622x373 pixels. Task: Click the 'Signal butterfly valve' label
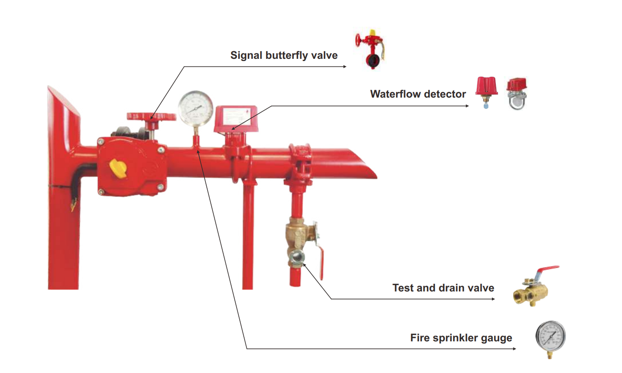coord(284,55)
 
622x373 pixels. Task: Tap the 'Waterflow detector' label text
coord(418,94)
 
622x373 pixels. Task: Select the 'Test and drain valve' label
coord(443,288)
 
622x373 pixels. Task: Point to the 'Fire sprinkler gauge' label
coord(461,338)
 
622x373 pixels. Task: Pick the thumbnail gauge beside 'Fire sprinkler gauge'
coord(550,338)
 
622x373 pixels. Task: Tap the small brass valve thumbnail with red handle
coord(535,287)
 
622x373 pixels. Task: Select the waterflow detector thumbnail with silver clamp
coord(516,94)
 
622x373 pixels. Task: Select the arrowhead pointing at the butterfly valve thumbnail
coord(345,66)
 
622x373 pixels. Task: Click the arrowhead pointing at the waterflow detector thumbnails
coord(467,106)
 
